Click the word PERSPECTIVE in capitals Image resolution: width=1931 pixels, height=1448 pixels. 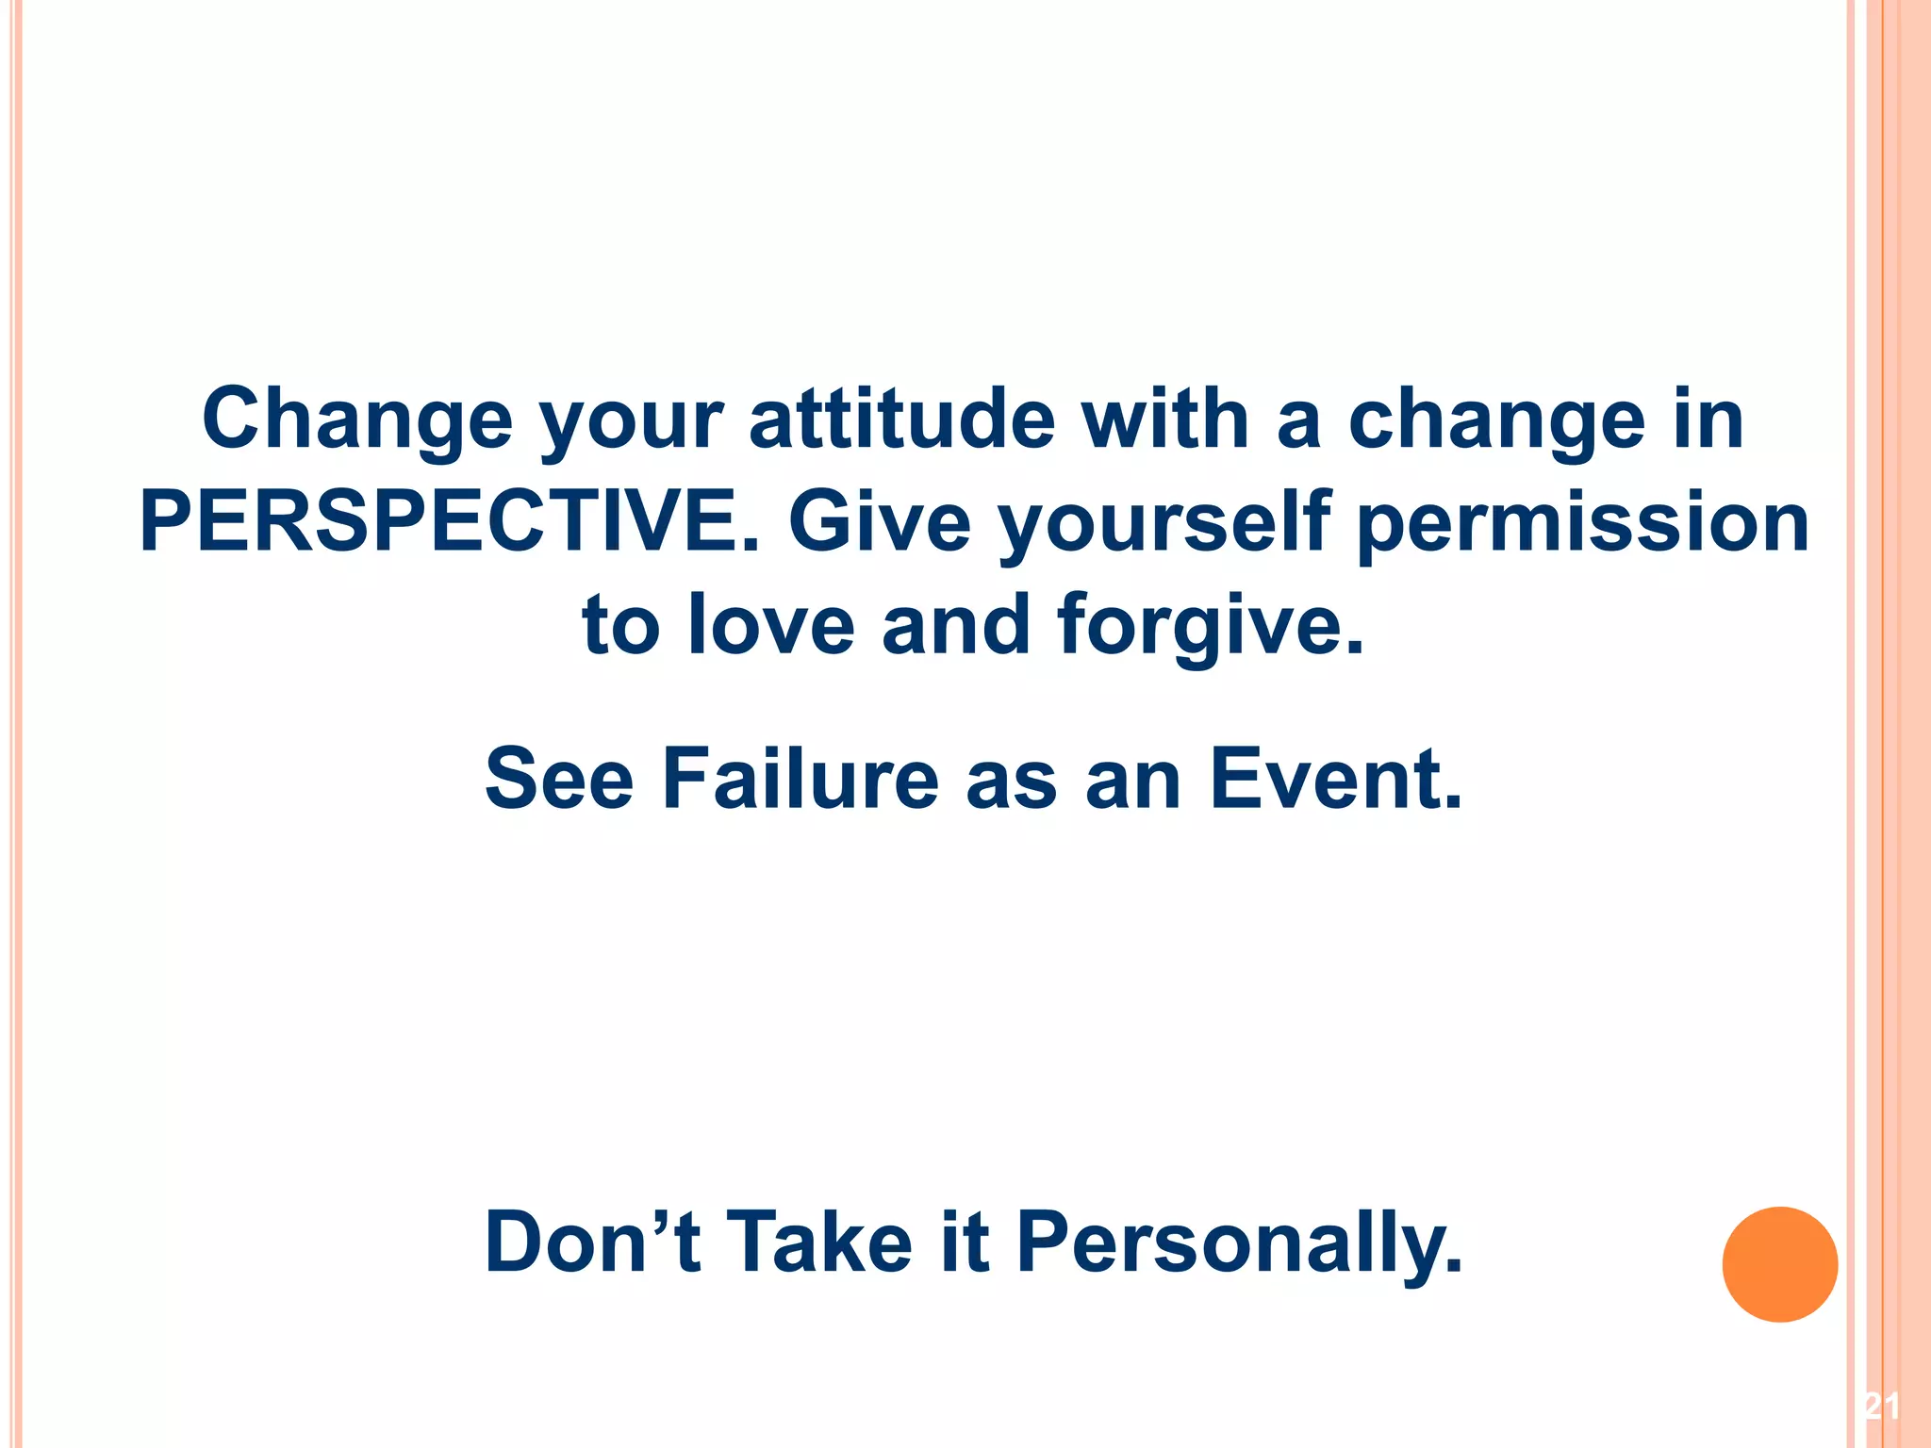click(449, 522)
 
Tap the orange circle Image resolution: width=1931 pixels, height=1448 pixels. click(1779, 1264)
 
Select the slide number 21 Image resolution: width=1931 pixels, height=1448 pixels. click(1881, 1407)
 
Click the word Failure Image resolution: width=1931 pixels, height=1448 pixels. click(800, 779)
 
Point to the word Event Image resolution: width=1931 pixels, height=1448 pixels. click(1335, 779)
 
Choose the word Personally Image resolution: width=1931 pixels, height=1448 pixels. click(1239, 1242)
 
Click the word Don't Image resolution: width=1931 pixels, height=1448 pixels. click(592, 1242)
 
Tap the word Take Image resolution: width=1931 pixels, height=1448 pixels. click(820, 1242)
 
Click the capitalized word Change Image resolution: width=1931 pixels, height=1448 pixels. click(357, 420)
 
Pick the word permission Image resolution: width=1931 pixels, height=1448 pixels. click(1583, 522)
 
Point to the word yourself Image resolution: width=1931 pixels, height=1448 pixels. click(1164, 524)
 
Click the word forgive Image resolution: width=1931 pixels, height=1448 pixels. click(1210, 626)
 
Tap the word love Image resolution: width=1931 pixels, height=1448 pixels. click(771, 625)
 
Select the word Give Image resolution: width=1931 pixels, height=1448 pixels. click(879, 522)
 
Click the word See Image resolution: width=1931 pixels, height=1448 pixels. click(559, 779)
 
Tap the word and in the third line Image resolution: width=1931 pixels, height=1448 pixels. click(955, 625)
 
